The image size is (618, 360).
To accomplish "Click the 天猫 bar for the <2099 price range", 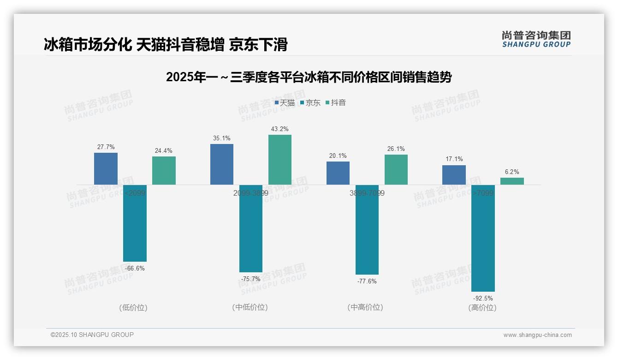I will [x=106, y=169].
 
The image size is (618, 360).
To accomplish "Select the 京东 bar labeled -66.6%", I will [x=135, y=223].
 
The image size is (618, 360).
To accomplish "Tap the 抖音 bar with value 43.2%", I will [x=280, y=160].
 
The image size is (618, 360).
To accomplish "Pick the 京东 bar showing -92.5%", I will [x=483, y=238].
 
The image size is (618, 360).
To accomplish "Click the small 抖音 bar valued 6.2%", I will [x=512, y=181].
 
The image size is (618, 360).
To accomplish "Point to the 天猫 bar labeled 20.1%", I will [x=338, y=173].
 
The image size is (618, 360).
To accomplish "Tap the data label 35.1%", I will [x=222, y=138].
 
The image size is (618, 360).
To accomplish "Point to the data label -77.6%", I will [x=367, y=281].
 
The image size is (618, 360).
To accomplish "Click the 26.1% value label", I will [x=396, y=149].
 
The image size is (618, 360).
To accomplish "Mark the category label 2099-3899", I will [x=251, y=193].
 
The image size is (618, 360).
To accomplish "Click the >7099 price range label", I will [x=483, y=193].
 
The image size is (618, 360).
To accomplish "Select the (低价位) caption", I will [x=133, y=307].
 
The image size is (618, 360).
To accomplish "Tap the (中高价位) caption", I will [x=365, y=307].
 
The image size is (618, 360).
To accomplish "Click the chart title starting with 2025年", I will [x=309, y=78].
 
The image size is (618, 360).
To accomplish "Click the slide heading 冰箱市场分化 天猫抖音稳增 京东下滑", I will [x=166, y=44].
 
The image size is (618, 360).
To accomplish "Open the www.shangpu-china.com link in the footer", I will [x=537, y=335].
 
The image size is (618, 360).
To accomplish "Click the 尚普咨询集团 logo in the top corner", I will [x=536, y=39].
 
